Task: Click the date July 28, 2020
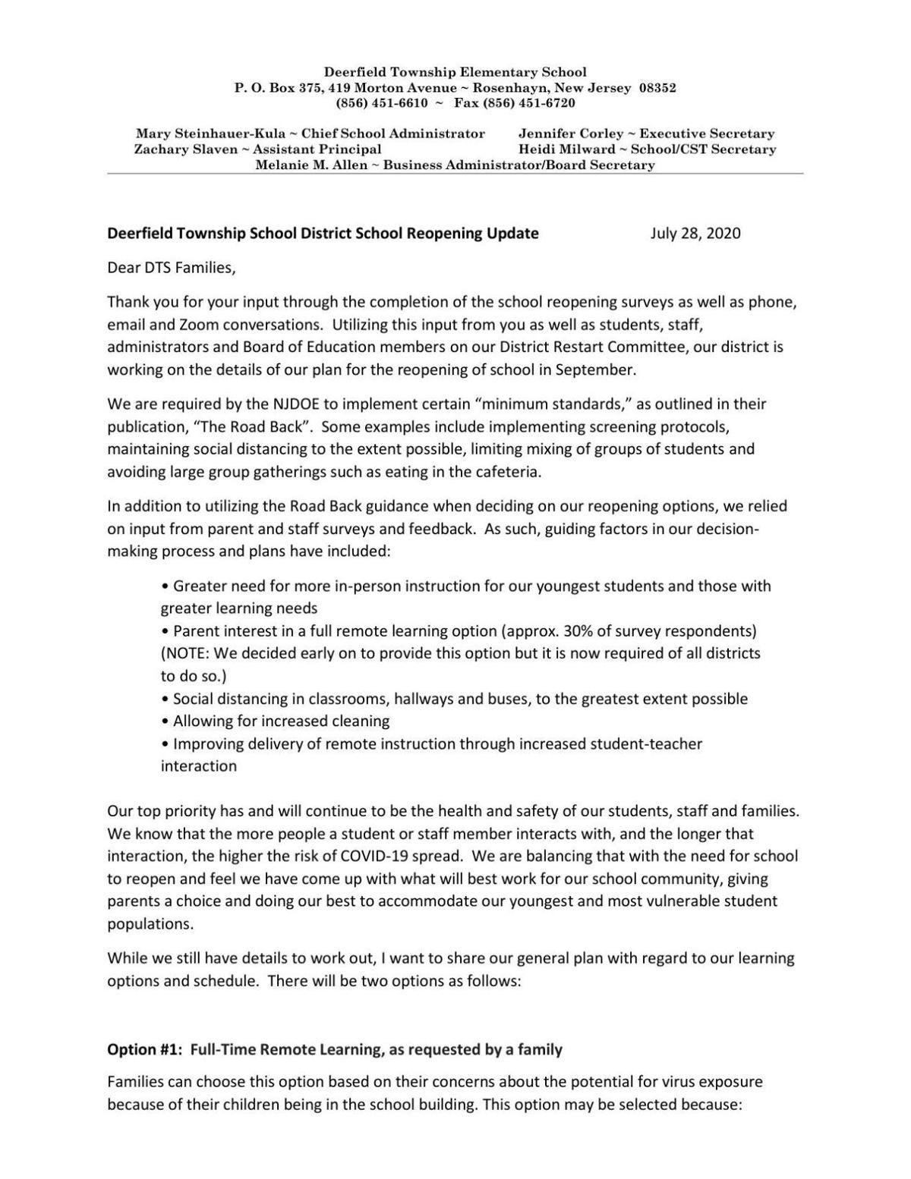(695, 234)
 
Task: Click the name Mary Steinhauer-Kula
(210, 134)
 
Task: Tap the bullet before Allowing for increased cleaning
(165, 722)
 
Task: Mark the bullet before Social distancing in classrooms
(165, 699)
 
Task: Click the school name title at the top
(455, 72)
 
